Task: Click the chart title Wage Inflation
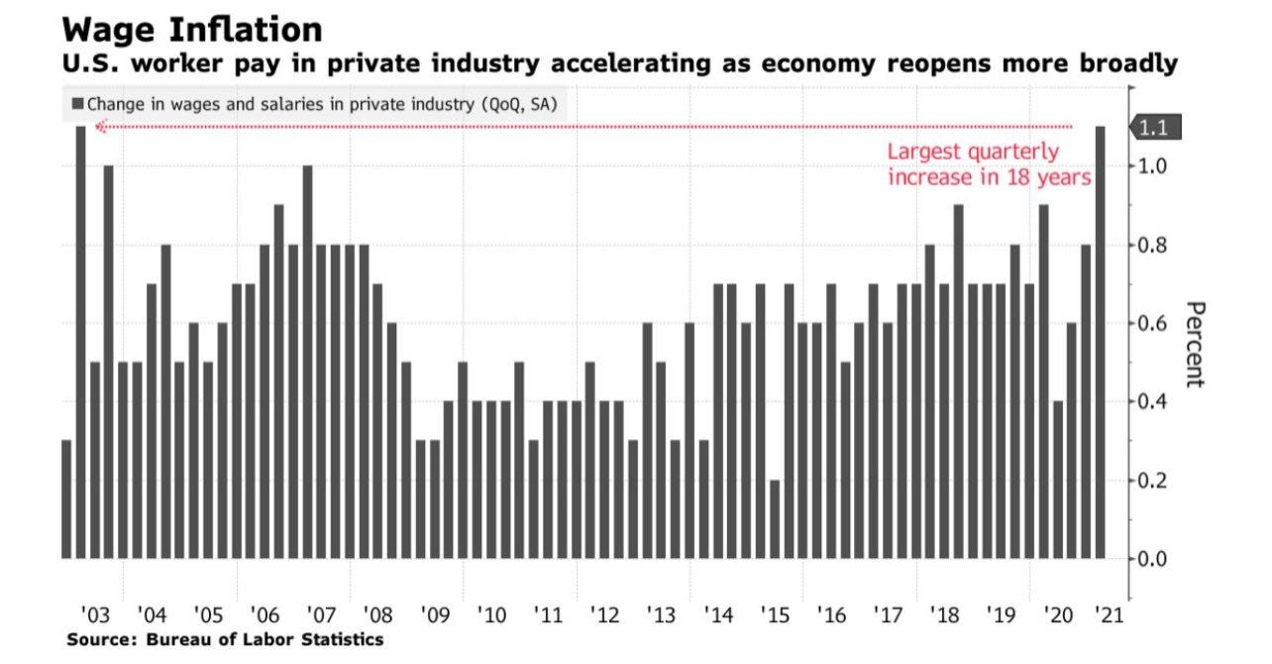coord(193,29)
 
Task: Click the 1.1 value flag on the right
coord(1156,128)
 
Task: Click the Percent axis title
coord(1194,344)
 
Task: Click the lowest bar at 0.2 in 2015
coord(774,518)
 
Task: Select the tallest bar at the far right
coord(1100,342)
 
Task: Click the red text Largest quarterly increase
coord(988,166)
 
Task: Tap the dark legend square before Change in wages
coord(77,103)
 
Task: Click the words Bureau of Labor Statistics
coord(264,640)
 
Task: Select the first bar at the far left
coord(66,498)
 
